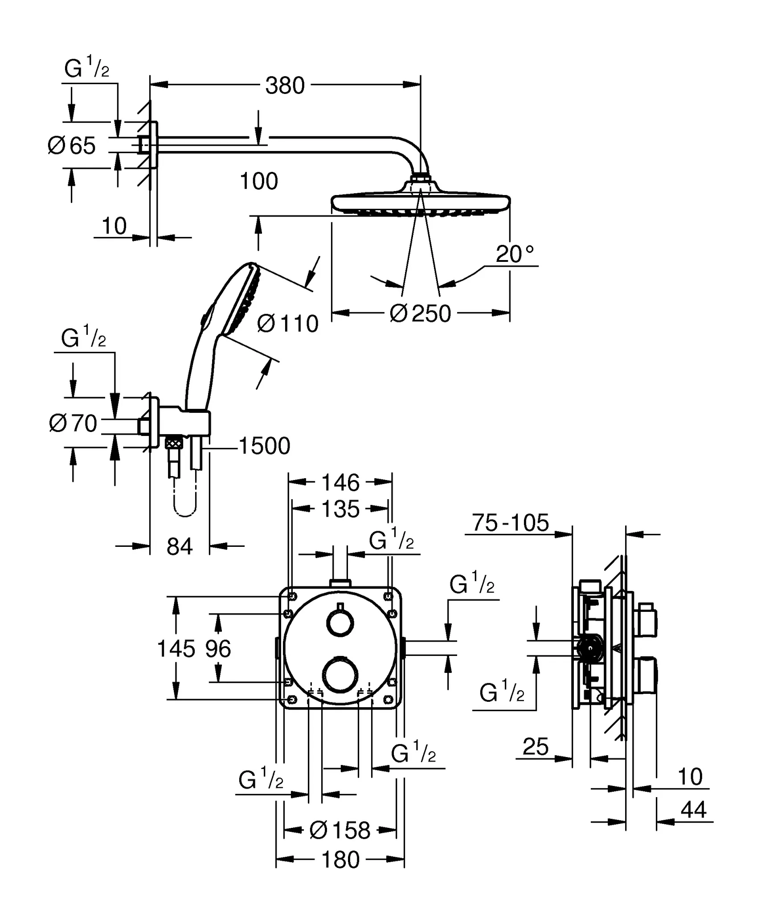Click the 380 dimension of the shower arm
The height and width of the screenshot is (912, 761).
click(x=285, y=85)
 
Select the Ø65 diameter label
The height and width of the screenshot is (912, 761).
click(x=72, y=146)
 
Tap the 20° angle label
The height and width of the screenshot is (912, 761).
click(x=515, y=254)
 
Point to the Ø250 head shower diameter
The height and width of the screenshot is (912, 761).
click(x=420, y=313)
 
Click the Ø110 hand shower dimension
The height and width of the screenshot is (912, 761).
click(x=288, y=324)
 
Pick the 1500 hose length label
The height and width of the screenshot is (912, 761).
click(x=265, y=446)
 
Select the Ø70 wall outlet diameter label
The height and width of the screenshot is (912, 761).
click(x=73, y=423)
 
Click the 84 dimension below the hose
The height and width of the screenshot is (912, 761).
click(x=180, y=546)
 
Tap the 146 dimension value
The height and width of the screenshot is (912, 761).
click(x=340, y=483)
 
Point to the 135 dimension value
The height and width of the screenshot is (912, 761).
click(x=340, y=509)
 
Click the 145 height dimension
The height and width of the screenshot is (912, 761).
click(x=176, y=649)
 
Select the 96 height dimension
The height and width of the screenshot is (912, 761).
click(x=218, y=649)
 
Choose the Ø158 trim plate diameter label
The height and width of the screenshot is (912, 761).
click(x=340, y=831)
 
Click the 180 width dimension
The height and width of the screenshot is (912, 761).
click(x=340, y=860)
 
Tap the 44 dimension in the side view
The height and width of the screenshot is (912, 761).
click(x=694, y=810)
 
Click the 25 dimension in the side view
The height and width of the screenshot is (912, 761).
click(x=536, y=747)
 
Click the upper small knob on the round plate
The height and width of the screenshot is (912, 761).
click(x=340, y=623)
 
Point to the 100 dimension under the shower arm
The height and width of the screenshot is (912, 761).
click(x=259, y=181)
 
